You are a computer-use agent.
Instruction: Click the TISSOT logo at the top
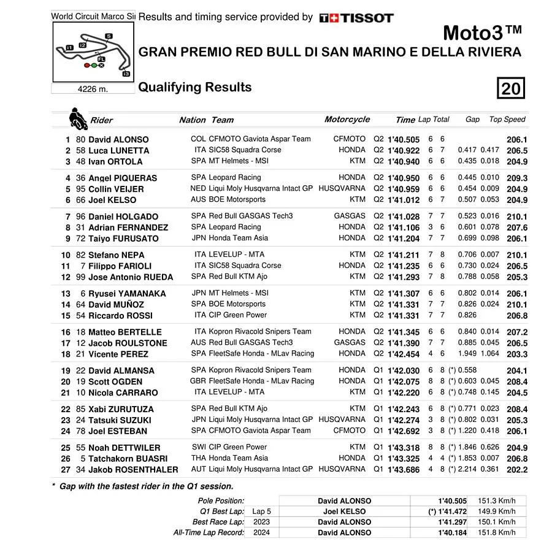click(x=356, y=18)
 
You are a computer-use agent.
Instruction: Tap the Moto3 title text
click(x=482, y=32)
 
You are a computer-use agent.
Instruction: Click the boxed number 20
click(x=510, y=89)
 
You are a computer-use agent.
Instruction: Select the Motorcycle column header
click(x=347, y=120)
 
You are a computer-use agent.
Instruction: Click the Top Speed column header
click(x=507, y=120)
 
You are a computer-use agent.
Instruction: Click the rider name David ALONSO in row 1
click(x=118, y=140)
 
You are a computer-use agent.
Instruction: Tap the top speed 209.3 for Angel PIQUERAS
click(x=517, y=178)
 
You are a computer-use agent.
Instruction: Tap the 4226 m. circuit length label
click(x=93, y=89)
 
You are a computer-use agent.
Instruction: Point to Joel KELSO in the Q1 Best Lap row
click(x=344, y=511)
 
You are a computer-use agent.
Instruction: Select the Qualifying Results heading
click(x=194, y=87)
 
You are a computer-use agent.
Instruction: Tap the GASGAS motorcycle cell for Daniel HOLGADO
click(x=350, y=216)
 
